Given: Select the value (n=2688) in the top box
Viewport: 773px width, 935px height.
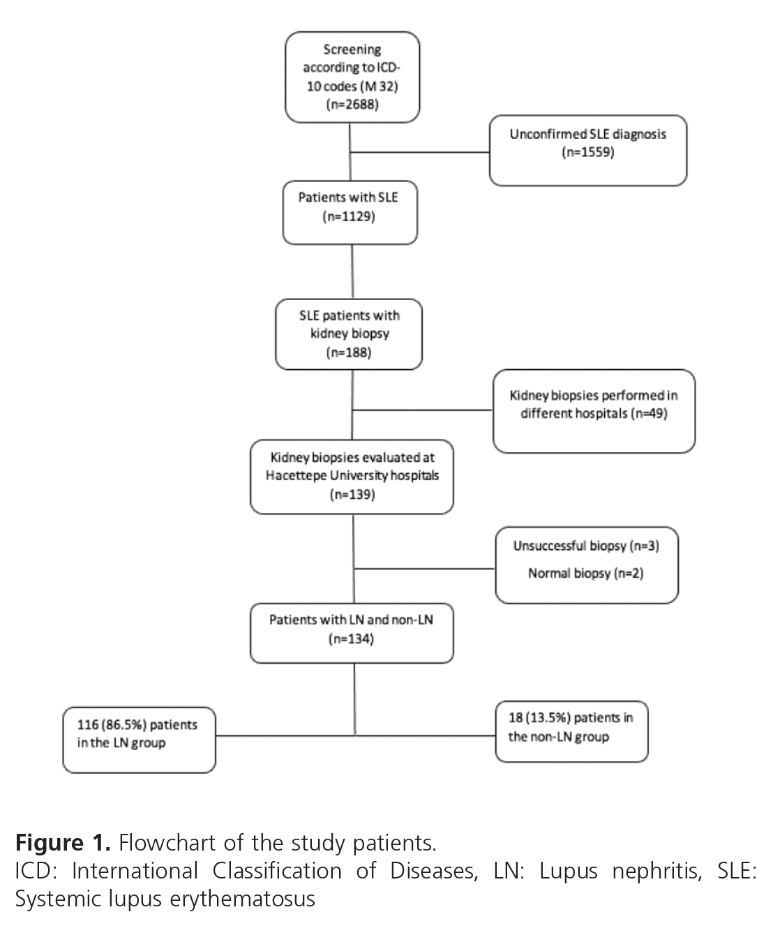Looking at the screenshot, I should [x=352, y=105].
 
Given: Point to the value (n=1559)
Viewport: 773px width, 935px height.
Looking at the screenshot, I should [x=587, y=152].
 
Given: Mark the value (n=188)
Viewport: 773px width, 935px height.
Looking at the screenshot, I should [x=349, y=352].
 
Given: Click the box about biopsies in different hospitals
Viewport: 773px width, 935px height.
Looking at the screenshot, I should [x=593, y=412].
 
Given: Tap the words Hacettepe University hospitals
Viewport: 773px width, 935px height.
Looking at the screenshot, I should [x=352, y=476].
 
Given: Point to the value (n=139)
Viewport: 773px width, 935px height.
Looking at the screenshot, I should [x=352, y=495].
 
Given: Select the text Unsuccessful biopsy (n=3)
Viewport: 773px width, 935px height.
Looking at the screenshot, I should [x=586, y=546].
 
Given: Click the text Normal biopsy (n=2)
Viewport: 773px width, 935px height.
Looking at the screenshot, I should [x=586, y=574].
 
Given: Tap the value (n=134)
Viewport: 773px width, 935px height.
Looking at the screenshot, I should [x=351, y=638].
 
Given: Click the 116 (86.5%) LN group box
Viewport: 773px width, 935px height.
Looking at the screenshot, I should [x=138, y=740].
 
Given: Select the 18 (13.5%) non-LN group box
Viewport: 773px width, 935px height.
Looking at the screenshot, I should [x=571, y=731].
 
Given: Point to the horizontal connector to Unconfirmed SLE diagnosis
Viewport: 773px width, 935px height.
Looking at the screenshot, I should [x=419, y=151].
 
